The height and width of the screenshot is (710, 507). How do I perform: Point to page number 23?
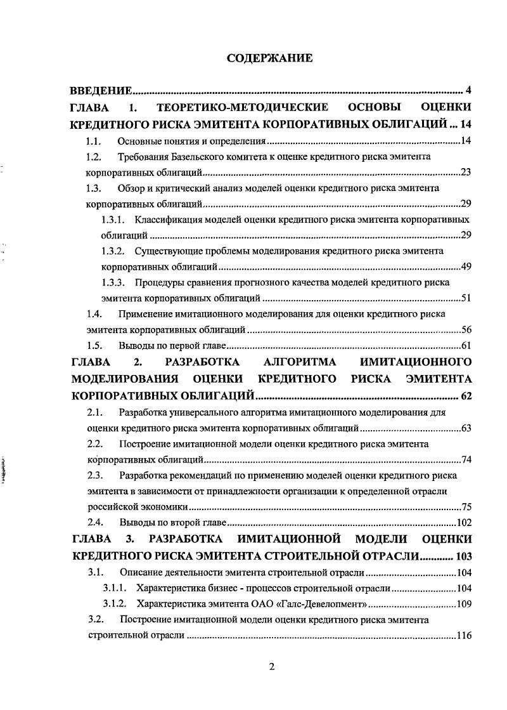point(466,172)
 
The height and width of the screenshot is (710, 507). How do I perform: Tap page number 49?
point(466,267)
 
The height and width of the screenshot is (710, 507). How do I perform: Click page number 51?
point(466,298)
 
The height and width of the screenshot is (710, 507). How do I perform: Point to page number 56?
point(466,330)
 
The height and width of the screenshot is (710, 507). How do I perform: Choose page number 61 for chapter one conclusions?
point(466,346)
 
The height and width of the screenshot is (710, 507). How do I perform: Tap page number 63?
point(466,428)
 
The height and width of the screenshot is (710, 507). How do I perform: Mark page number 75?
point(466,508)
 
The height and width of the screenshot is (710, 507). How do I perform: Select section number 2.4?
point(94,523)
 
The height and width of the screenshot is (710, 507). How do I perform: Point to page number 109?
point(463,603)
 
